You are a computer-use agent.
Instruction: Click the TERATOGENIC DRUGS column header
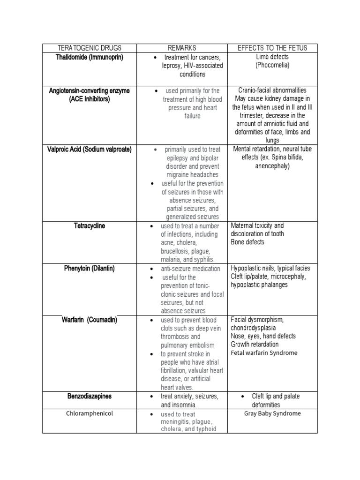pos(89,48)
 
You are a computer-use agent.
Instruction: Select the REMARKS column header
pos(182,48)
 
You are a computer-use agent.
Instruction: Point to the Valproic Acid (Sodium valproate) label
pos(89,150)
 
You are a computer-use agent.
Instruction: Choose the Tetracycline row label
pos(89,226)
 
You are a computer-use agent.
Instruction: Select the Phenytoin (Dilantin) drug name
pos(89,269)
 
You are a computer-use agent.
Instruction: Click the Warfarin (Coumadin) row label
pos(89,320)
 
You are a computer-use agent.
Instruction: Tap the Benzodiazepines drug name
pos(89,396)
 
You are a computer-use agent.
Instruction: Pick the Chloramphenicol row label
pos(89,413)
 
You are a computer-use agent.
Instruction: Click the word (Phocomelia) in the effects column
pos(272,66)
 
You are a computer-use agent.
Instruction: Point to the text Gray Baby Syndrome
pos(272,413)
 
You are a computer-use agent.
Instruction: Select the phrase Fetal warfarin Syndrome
pos(264,353)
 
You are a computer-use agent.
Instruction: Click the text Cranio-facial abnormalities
pos(272,90)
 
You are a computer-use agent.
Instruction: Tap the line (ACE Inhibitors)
pos(89,99)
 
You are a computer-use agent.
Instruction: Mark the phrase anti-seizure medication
pos(190,269)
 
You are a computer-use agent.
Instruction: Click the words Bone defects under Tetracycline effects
pos(247,242)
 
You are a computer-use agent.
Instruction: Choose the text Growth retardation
pos(255,345)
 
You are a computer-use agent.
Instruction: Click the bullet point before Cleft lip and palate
pos(241,397)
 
